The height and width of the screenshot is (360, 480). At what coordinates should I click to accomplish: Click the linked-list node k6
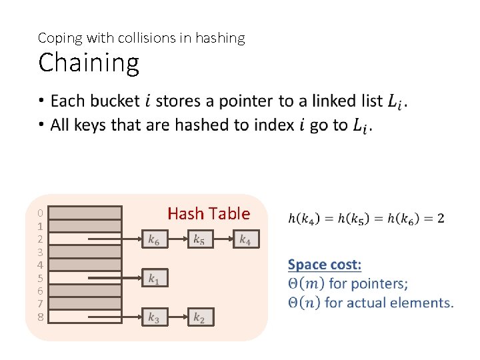tap(154, 239)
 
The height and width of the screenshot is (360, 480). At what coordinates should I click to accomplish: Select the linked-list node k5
tap(199, 239)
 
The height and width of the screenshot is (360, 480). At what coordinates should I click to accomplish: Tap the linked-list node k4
tap(245, 239)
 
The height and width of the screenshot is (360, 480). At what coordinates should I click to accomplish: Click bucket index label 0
tap(41, 213)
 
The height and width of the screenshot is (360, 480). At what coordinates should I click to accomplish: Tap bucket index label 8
tap(41, 317)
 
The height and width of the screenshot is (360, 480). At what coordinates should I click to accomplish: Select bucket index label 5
tap(41, 278)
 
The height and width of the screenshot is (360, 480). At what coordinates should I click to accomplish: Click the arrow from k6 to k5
tap(177, 239)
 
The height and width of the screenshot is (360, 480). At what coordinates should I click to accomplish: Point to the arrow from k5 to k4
tap(223, 239)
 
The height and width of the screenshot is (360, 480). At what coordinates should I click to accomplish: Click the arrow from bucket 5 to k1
tap(131, 277)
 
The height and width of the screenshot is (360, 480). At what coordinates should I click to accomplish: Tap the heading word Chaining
tap(89, 63)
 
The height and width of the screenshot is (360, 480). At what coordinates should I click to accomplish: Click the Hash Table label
tap(209, 214)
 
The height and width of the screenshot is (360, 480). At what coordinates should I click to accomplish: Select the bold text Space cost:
tap(325, 265)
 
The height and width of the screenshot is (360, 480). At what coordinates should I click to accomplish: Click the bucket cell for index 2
tap(86, 239)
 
